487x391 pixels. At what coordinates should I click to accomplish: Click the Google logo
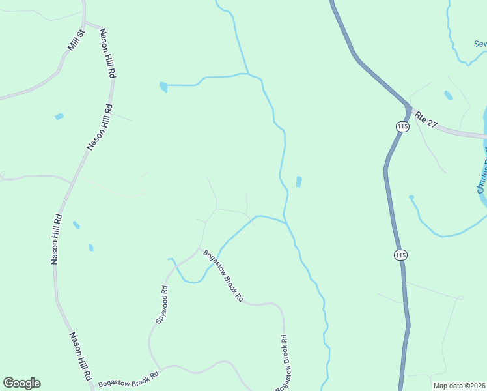click(x=21, y=383)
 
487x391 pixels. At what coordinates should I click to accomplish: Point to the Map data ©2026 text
click(x=459, y=386)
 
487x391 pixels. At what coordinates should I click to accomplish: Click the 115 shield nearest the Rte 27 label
click(x=402, y=126)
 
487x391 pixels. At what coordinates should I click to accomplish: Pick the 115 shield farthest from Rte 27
click(x=400, y=255)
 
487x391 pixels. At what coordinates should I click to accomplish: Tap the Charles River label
click(x=482, y=173)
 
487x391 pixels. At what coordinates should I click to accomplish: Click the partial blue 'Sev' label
click(x=480, y=44)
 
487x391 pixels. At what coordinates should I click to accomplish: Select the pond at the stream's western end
click(x=163, y=86)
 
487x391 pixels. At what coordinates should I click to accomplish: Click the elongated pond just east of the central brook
click(x=299, y=181)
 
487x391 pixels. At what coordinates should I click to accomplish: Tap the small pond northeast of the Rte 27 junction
click(x=448, y=95)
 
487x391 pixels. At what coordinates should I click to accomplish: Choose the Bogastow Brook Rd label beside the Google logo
click(x=128, y=379)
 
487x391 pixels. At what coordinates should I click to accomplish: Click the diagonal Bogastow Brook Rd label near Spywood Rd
click(x=223, y=276)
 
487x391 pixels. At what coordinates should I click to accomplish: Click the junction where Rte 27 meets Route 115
click(x=408, y=108)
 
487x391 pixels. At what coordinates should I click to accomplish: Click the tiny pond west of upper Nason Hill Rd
click(x=59, y=117)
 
